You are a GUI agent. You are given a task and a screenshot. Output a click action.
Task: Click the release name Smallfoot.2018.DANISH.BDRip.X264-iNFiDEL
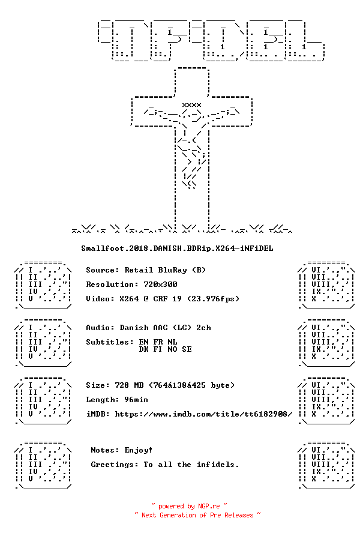point(177,248)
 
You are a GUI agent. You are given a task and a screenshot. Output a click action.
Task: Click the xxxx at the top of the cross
point(192,105)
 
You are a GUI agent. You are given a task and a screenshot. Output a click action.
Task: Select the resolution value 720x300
point(160,284)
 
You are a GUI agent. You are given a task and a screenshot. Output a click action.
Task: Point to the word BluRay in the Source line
point(172,270)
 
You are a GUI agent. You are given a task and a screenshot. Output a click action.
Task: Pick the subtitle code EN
point(143,342)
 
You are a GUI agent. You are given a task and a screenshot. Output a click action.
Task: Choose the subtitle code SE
point(187,349)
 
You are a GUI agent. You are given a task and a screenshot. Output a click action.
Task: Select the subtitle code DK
point(143,349)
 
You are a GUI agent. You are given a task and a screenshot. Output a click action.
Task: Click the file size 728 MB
point(129,385)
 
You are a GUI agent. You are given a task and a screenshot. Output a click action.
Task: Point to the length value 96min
point(136,400)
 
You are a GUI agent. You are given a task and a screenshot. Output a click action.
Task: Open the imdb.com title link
point(203,414)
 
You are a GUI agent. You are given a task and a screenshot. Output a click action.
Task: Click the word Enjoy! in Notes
point(139,450)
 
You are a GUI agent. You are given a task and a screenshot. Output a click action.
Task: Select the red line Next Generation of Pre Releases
point(197,515)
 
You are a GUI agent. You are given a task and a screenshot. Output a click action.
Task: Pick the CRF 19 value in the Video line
point(167,299)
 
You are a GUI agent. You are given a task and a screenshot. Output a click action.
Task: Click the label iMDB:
point(98,414)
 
